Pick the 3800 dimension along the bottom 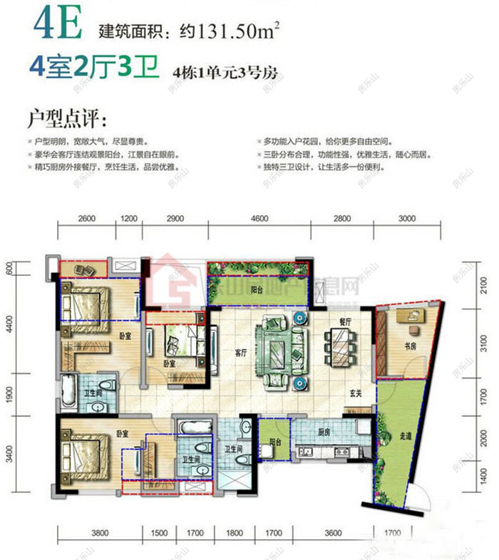tap(99, 532)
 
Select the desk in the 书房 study tap(409, 317)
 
